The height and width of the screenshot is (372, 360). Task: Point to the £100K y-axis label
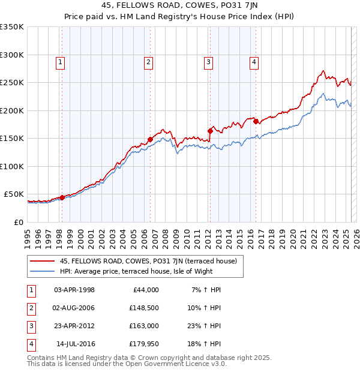tap(12, 166)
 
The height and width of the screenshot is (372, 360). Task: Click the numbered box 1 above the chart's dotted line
tap(61, 61)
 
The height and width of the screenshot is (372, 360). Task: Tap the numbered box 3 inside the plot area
tap(208, 61)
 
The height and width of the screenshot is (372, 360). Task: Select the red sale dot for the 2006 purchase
tap(150, 139)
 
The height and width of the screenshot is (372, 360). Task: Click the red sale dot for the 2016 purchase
tap(256, 121)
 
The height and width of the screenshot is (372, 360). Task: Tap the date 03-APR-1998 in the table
tap(74, 290)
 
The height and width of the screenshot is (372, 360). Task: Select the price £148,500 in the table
tap(145, 308)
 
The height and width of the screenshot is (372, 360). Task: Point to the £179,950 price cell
tap(145, 344)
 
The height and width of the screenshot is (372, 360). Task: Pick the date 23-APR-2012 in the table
tap(74, 326)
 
